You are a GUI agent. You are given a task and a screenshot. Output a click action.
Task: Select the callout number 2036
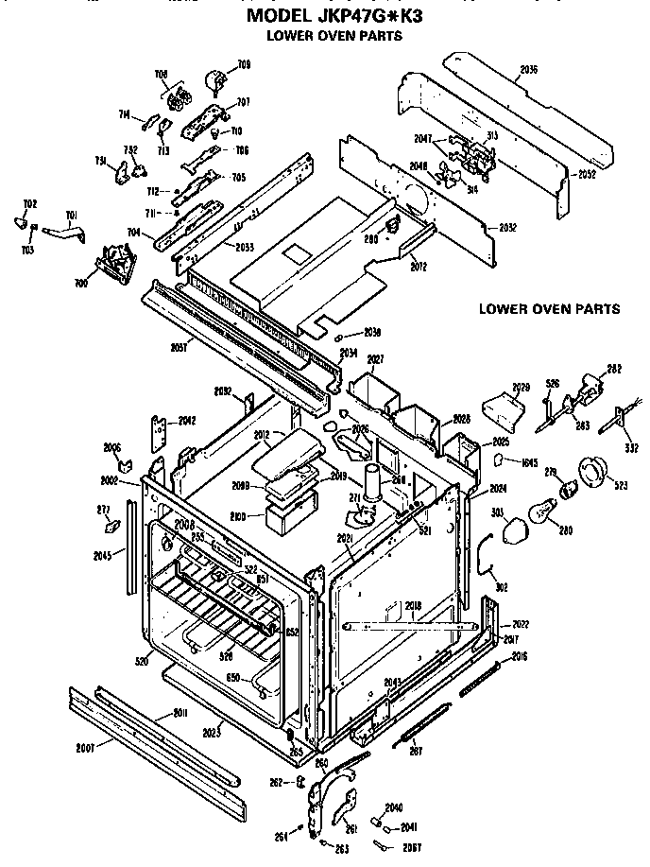coord(528,69)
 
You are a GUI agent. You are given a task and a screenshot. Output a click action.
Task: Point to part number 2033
coord(244,247)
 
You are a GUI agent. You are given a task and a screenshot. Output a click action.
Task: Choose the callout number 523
coord(620,486)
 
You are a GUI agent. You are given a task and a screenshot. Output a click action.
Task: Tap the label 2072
coord(419,268)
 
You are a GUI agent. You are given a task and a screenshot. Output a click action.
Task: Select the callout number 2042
coord(187,420)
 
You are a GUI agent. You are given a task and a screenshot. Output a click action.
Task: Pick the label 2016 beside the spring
coord(519,655)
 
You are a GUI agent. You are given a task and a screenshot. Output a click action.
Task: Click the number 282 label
coord(613,369)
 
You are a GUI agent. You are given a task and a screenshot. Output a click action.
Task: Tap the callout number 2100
coord(239,517)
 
